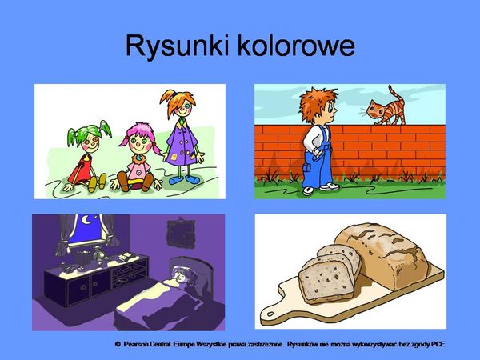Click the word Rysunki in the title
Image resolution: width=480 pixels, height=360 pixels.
178,46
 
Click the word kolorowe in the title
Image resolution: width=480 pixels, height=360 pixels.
296,45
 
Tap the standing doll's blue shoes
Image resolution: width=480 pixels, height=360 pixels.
184,180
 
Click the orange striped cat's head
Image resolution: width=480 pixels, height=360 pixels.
376,109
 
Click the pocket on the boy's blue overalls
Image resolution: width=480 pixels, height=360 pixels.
307,167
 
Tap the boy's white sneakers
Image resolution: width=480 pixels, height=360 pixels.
321,188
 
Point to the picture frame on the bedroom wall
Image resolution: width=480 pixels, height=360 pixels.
181,234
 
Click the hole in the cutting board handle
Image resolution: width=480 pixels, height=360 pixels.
270,314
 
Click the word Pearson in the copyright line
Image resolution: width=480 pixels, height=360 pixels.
136,344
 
